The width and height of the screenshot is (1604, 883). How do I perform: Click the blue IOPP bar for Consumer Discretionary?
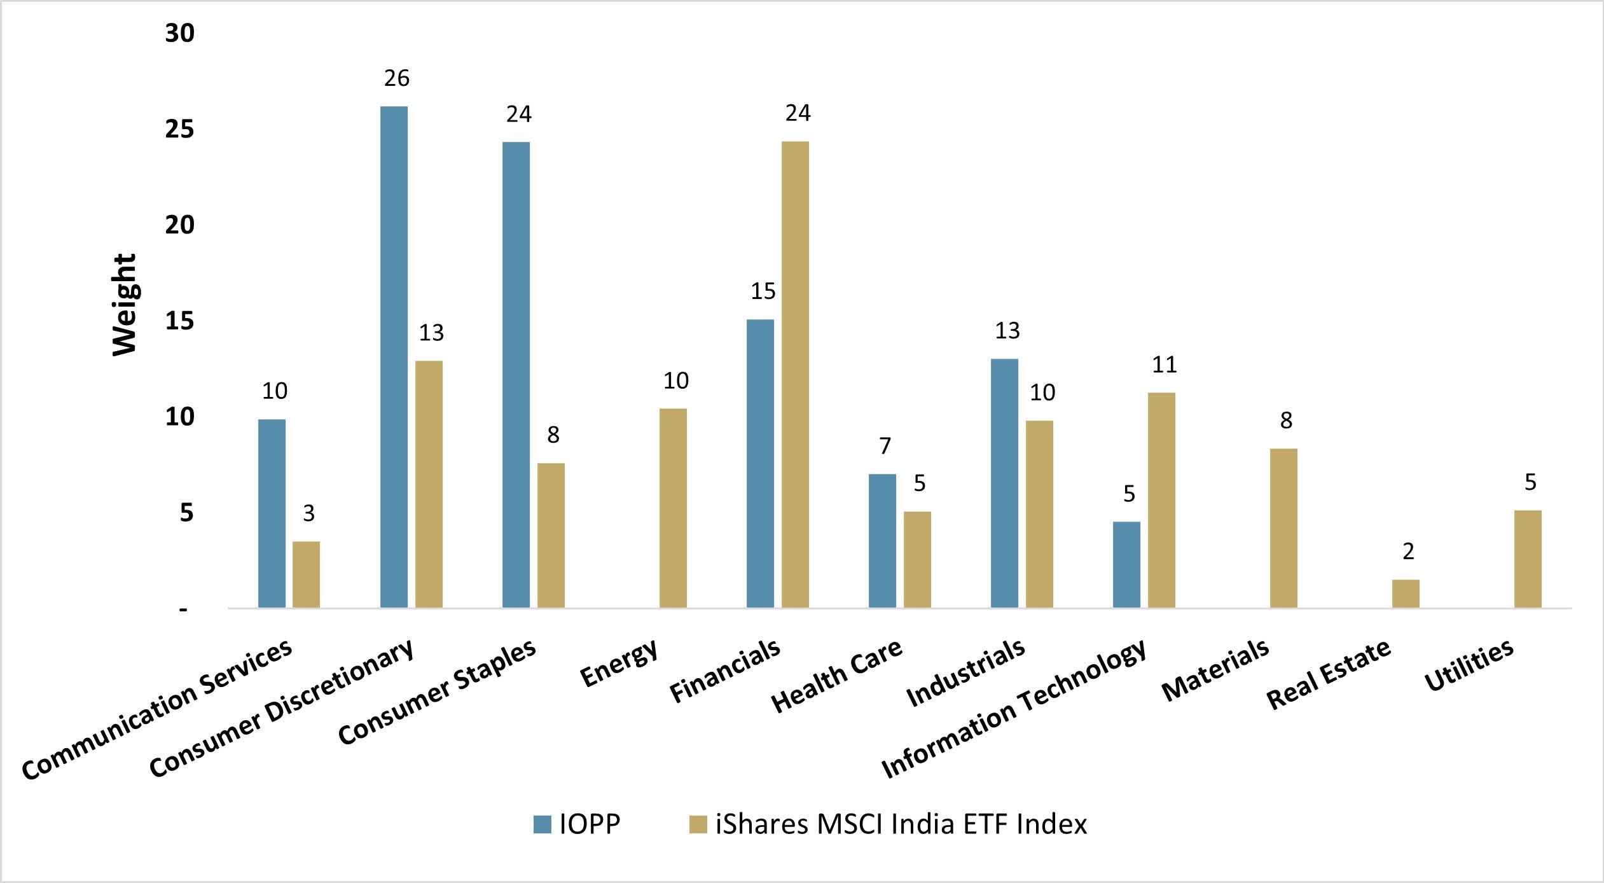click(394, 356)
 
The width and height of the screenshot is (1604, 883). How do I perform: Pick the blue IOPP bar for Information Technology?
click(1126, 564)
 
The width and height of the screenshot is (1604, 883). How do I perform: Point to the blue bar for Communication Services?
click(272, 513)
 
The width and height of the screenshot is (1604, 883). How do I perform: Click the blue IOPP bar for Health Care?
click(882, 541)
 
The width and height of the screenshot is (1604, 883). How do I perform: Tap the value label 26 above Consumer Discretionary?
click(396, 78)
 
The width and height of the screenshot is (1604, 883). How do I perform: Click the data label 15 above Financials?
click(763, 291)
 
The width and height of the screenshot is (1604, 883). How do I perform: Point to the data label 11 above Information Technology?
click(1164, 365)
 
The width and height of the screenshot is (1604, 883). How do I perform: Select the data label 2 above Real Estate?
click(1408, 552)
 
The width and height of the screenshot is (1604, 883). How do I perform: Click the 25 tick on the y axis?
click(179, 129)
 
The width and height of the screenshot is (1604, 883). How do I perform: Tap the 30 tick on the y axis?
click(179, 33)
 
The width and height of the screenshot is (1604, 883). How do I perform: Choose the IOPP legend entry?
click(577, 824)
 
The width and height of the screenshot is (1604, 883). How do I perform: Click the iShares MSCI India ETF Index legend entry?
click(888, 824)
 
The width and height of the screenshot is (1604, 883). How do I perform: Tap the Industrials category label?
click(966, 673)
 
